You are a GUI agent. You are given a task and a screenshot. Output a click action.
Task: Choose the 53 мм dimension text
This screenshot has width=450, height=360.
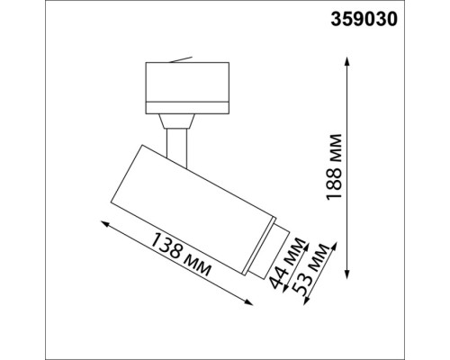point(315,270)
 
